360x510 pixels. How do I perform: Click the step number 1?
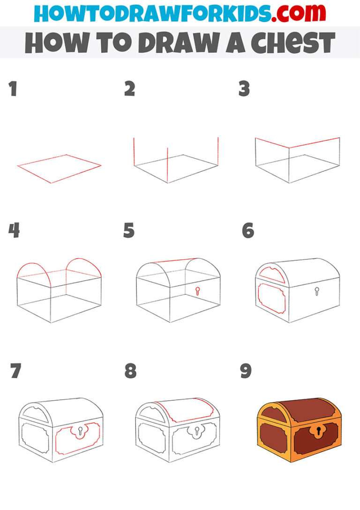click(13, 89)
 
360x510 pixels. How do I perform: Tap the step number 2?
click(130, 89)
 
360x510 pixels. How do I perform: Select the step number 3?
click(244, 89)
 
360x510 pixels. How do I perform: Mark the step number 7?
click(15, 371)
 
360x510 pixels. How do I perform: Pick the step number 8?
click(130, 371)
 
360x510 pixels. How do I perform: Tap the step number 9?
click(246, 371)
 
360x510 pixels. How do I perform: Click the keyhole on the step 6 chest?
click(317, 291)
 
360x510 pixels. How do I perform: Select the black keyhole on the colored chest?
click(318, 430)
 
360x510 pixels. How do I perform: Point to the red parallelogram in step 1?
click(60, 168)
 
